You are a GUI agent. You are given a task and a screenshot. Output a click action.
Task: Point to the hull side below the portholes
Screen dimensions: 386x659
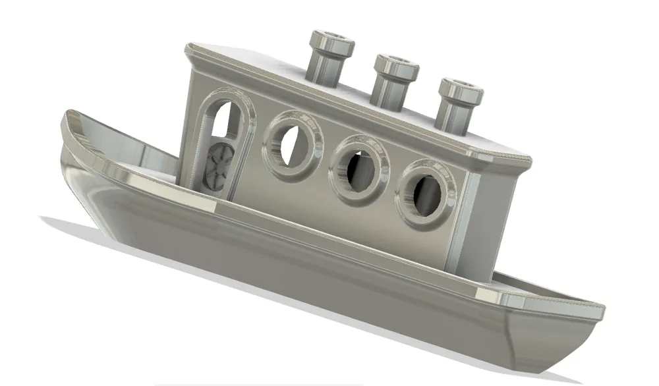pyautogui.click(x=329, y=277)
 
